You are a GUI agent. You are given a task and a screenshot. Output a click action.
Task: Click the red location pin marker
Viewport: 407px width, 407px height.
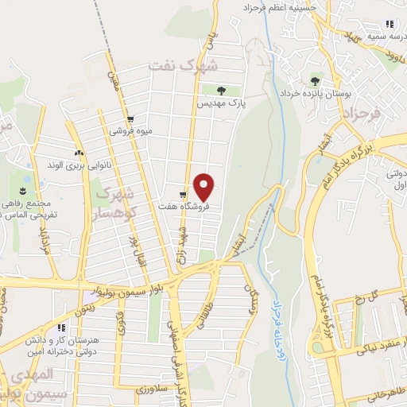pyautogui.click(x=205, y=188)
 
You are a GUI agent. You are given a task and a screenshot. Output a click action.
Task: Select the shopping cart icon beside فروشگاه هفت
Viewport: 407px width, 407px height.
pyautogui.click(x=184, y=194)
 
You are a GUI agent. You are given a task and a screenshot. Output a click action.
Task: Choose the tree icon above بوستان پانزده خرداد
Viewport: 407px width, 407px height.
pyautogui.click(x=316, y=80)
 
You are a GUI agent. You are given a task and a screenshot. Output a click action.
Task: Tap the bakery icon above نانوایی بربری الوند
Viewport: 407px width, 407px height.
pyautogui.click(x=78, y=153)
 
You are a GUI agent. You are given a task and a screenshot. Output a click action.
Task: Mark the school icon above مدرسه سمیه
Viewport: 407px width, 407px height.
pyautogui.click(x=389, y=25)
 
